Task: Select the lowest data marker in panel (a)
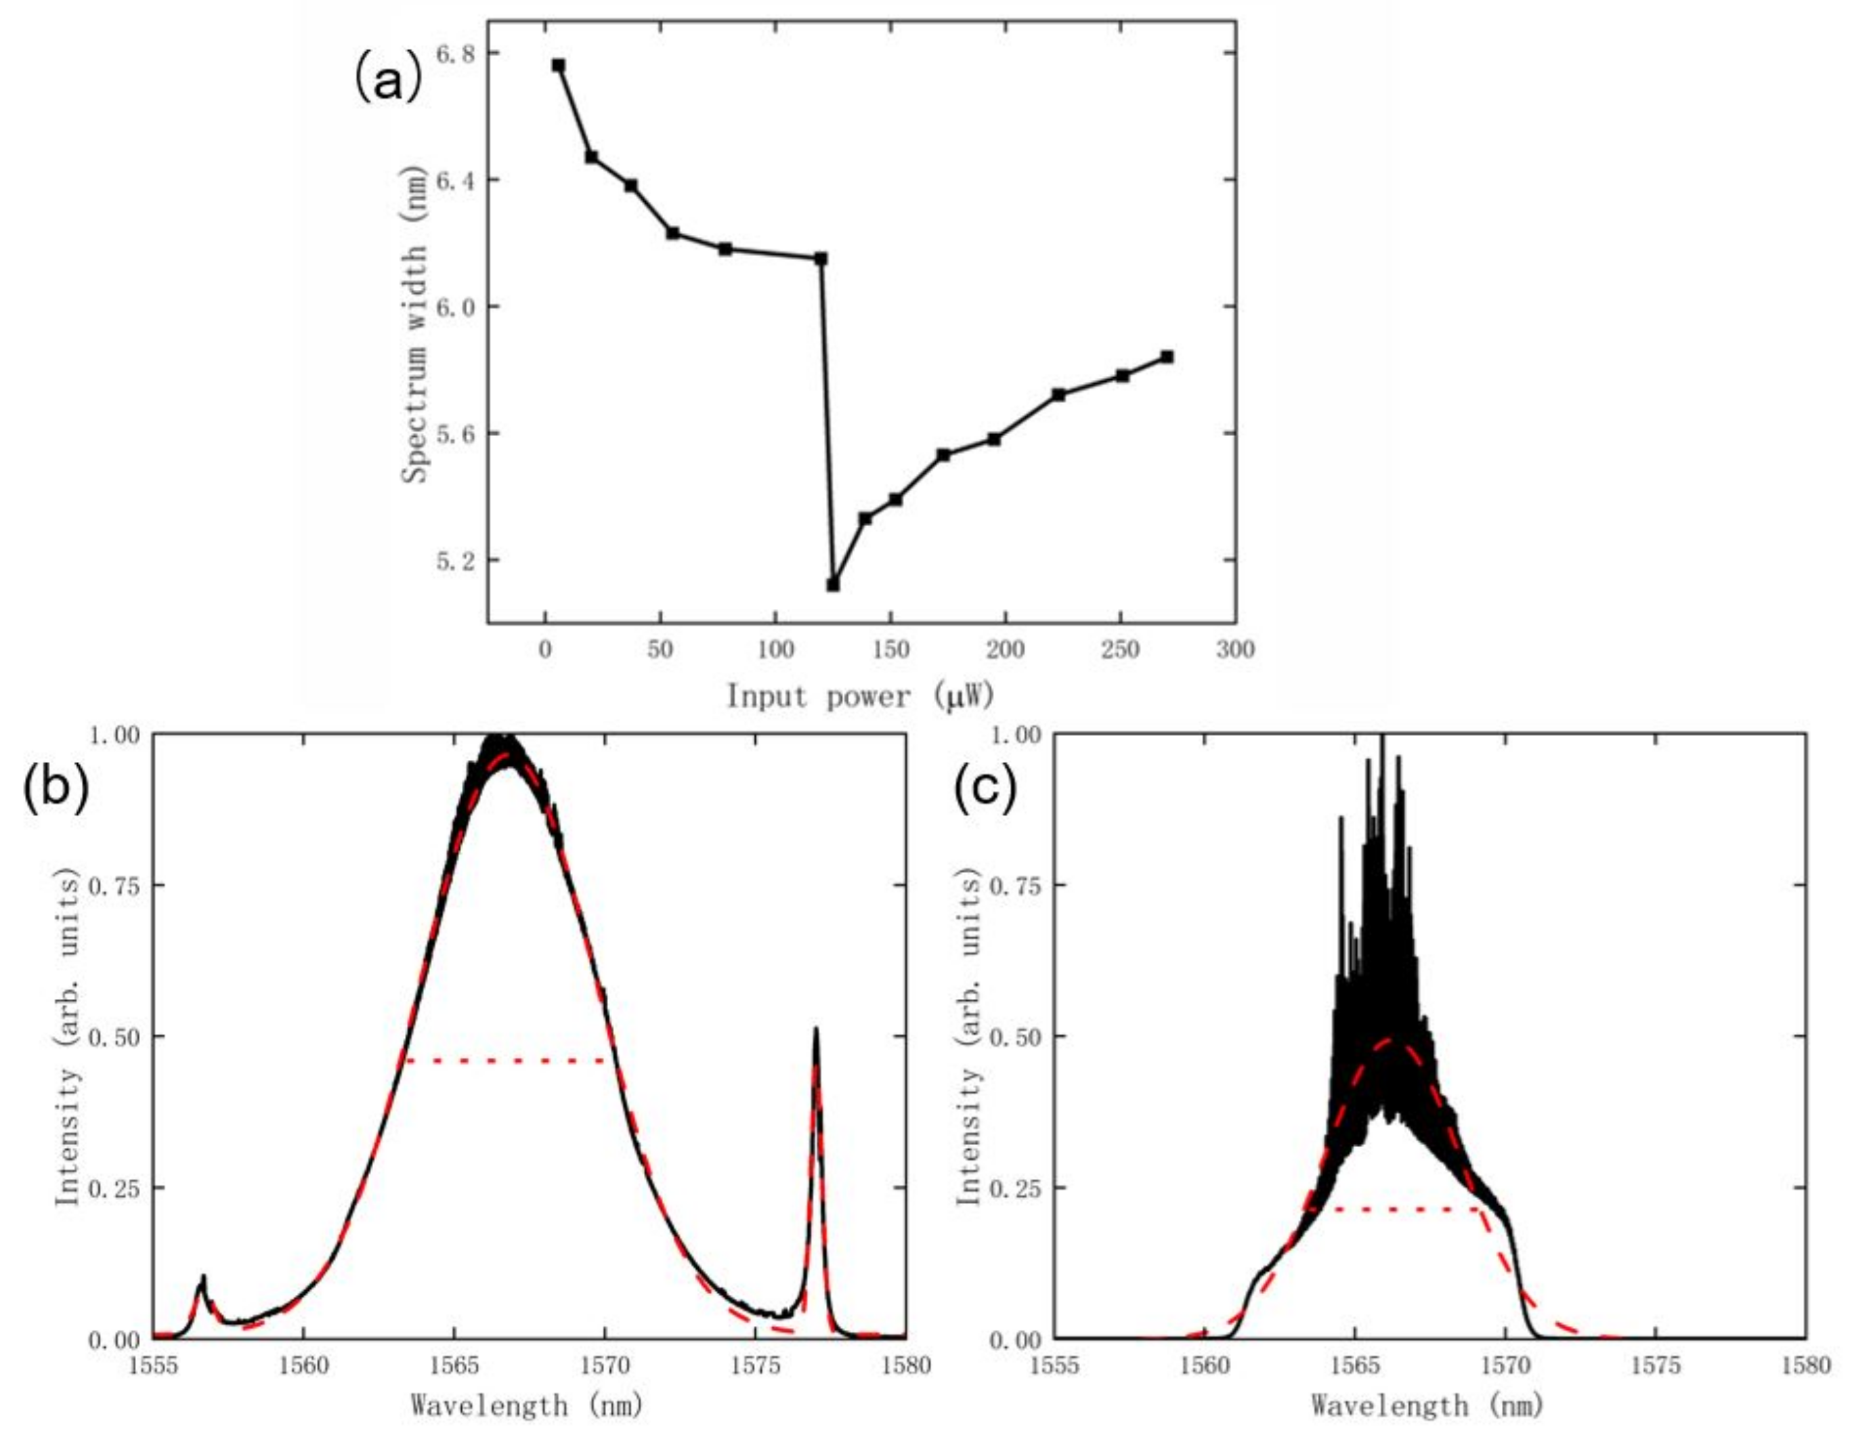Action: point(833,584)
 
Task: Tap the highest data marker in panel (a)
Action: point(558,65)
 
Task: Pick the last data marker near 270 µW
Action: point(1167,357)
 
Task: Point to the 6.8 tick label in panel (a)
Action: point(454,53)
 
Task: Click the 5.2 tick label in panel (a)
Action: point(454,561)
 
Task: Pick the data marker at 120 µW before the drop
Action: point(820,259)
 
